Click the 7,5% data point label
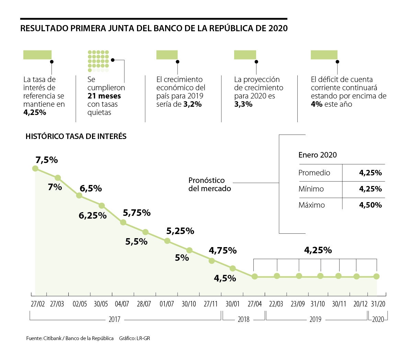[47, 160]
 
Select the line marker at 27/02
[35, 168]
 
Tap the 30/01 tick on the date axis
[232, 304]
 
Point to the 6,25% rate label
[93, 216]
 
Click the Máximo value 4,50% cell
[370, 205]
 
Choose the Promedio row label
[314, 173]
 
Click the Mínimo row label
[311, 189]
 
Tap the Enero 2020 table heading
[318, 155]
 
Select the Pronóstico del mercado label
[210, 184]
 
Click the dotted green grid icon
[98, 61]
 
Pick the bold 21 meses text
[104, 96]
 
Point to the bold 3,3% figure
[243, 104]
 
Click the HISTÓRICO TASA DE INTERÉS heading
[76, 136]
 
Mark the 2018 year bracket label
[243, 319]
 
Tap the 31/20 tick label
[378, 304]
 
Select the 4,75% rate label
[223, 251]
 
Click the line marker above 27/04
[255, 276]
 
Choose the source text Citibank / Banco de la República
[78, 338]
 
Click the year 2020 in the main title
[278, 28]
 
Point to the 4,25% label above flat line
[318, 250]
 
